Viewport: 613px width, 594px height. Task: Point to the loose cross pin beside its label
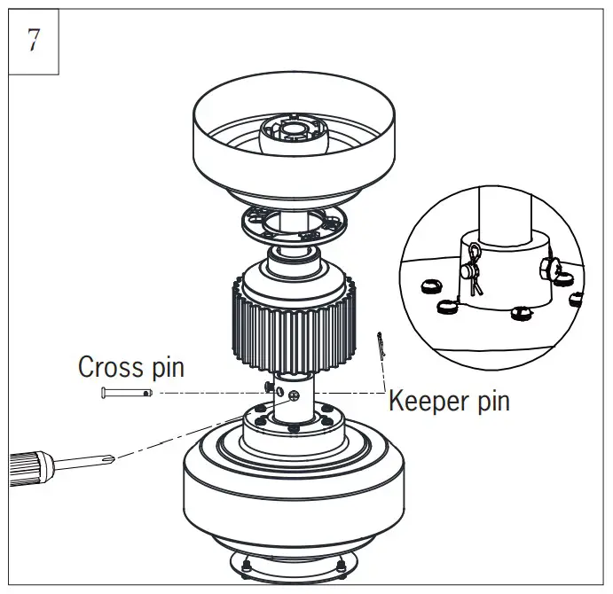(127, 392)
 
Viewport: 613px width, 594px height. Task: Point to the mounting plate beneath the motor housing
(292, 563)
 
